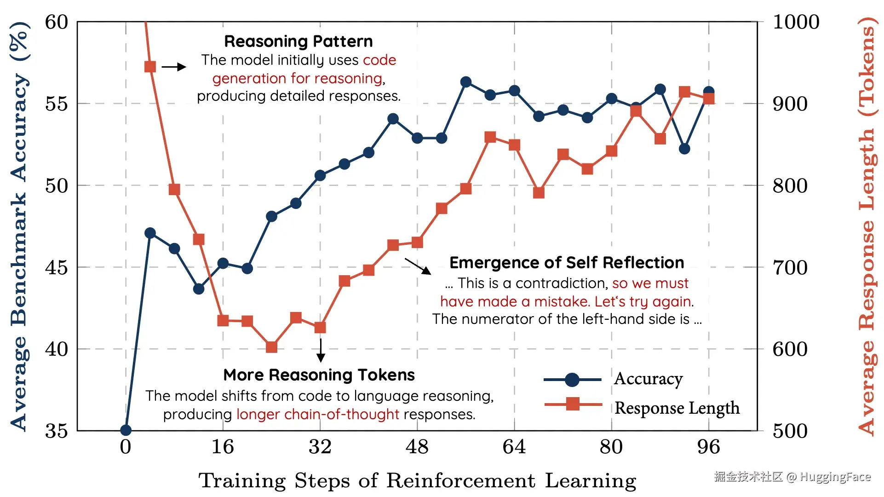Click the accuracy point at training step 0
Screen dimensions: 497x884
[x=126, y=430]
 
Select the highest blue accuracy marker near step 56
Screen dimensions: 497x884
[x=465, y=82]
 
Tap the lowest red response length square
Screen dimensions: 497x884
[x=271, y=347]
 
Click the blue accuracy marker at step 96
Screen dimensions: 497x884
[x=709, y=92]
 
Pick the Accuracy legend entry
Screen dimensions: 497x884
[x=648, y=379]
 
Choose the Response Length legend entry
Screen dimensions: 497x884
[x=677, y=408]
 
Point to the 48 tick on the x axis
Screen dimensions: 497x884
[x=417, y=447]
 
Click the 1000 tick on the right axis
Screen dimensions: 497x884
[x=796, y=22]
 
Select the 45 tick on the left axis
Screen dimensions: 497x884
[x=57, y=267]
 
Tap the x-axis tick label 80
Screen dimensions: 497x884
[x=611, y=447]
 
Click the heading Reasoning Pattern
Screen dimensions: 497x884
[x=298, y=41]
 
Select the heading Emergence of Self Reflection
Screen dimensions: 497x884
[x=567, y=263]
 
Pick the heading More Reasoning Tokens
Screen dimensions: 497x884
[x=319, y=375]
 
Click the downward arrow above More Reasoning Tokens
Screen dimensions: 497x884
[x=321, y=351]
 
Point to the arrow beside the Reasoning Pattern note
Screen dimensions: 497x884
[x=174, y=67]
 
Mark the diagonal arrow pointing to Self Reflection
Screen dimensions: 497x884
[x=418, y=266]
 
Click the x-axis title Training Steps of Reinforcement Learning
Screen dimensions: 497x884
[x=417, y=481]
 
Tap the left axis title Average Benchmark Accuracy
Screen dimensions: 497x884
[x=19, y=225]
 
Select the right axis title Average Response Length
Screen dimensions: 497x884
[x=867, y=225]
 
